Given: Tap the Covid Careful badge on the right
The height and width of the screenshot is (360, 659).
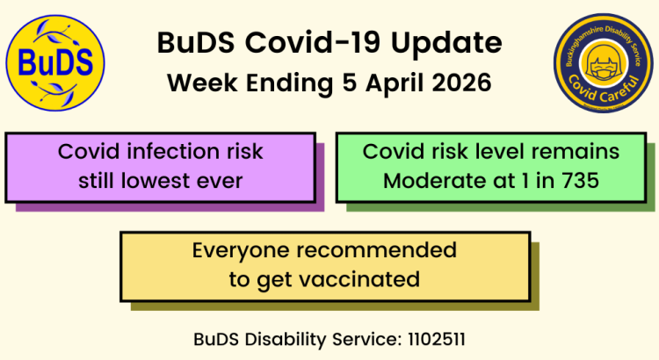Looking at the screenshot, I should (603, 63).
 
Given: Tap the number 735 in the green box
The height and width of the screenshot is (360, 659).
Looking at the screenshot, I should (583, 182).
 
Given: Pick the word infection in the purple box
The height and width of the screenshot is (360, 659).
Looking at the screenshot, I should (192, 152).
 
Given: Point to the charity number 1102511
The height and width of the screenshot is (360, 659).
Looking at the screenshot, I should (443, 338).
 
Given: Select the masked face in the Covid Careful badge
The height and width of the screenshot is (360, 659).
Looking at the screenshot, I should (603, 67).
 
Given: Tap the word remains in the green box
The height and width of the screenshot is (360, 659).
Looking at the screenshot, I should (577, 152).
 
